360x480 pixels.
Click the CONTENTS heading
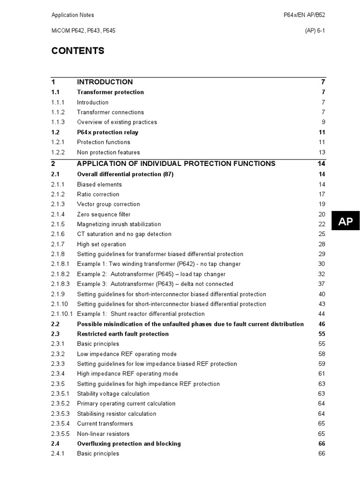click(x=78, y=51)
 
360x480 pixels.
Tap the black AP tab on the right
click(x=345, y=222)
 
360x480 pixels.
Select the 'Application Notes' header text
click(x=73, y=15)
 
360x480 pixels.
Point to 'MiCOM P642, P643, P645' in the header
click(x=83, y=30)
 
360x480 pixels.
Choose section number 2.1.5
click(x=58, y=224)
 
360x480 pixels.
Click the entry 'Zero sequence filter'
click(x=104, y=214)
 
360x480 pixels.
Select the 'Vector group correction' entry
click(x=108, y=204)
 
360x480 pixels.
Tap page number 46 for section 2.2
click(x=322, y=324)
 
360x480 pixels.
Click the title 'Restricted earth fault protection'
click(x=123, y=334)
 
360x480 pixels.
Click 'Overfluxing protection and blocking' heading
click(x=129, y=443)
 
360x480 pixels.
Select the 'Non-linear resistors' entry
click(x=103, y=434)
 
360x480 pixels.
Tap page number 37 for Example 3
click(x=322, y=284)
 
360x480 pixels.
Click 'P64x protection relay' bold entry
click(x=107, y=132)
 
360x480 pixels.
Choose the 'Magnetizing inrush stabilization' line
click(x=119, y=224)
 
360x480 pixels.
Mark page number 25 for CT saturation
click(x=322, y=234)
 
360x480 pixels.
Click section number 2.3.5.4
click(x=60, y=424)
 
